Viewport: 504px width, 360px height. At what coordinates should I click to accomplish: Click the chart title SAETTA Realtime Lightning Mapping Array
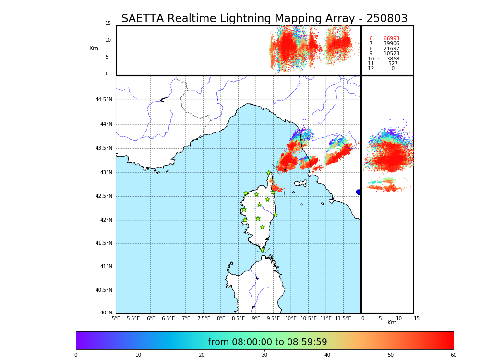coord(264,19)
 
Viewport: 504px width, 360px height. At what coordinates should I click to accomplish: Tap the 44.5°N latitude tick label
coord(104,100)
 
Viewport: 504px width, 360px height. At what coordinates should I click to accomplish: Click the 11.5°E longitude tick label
coord(343,318)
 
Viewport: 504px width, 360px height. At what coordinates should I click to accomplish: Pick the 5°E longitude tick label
coord(116,318)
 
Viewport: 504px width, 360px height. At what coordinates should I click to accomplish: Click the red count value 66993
coord(391,39)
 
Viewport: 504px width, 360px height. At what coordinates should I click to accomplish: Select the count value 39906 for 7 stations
coord(391,44)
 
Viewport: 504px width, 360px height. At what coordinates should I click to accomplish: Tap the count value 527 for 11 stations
coord(393,64)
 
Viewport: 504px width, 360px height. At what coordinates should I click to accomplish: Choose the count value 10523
coord(391,54)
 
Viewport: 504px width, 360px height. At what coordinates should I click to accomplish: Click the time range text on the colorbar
coord(267,342)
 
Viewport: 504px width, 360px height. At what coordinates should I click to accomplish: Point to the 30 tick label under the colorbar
coord(264,355)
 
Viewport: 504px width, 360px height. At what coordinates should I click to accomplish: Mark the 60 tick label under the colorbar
coord(453,355)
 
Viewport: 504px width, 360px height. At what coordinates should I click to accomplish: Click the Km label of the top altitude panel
coord(94,48)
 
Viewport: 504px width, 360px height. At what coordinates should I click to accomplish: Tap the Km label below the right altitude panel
coord(392,323)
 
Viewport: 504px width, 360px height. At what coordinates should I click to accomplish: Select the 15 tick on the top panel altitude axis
coord(108,24)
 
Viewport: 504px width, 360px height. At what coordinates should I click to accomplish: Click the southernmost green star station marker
coord(262,250)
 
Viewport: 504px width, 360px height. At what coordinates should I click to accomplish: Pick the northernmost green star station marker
coord(269,173)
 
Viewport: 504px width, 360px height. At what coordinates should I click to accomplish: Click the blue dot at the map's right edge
coord(359,192)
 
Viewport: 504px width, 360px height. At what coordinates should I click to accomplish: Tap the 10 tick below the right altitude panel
coord(399,318)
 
